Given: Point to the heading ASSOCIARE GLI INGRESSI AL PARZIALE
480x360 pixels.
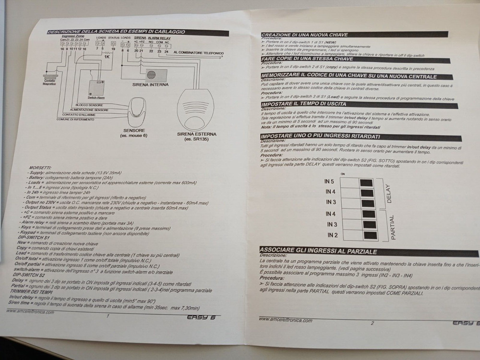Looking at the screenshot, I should (318, 251).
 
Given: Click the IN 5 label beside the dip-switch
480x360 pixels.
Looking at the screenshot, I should (330, 181).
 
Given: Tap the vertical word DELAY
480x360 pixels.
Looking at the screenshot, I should (388, 194).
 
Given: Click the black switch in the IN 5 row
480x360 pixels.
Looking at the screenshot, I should (365, 182).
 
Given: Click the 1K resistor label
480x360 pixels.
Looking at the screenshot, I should (106, 57).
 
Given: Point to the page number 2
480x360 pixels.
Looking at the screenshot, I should (372, 323).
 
